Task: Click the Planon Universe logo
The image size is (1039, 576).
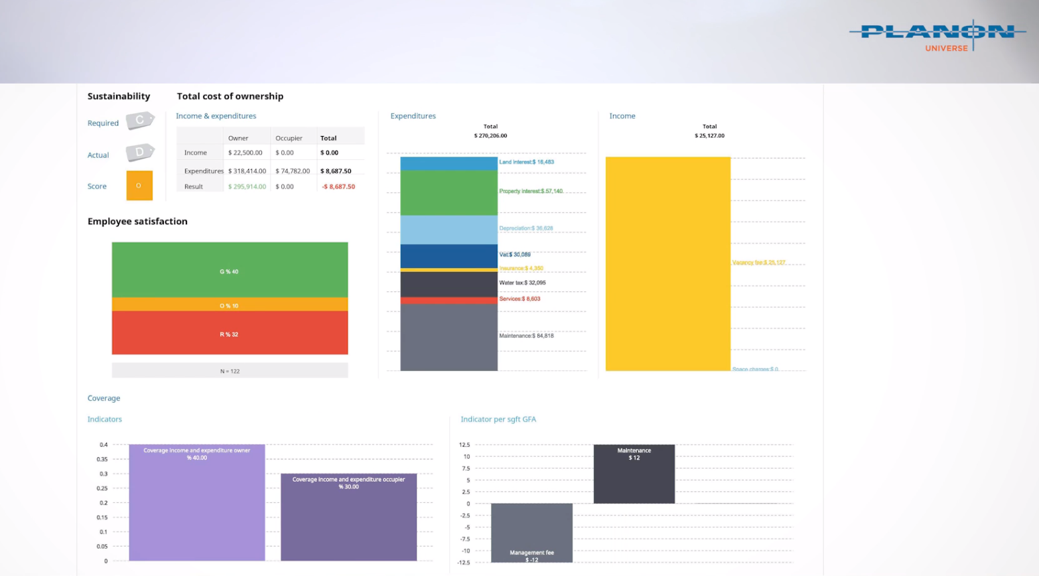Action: point(937,36)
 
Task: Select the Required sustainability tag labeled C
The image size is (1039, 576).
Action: point(140,121)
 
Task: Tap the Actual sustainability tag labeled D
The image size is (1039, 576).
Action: point(140,153)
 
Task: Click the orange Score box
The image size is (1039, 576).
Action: point(139,186)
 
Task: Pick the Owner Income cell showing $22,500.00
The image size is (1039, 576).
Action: point(245,153)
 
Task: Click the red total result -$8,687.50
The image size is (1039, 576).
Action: point(338,186)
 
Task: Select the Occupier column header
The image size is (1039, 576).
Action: point(289,138)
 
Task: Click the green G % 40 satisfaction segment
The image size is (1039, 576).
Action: point(230,270)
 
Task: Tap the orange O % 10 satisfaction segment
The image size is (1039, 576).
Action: point(230,305)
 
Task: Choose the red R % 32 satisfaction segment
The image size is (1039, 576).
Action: point(230,333)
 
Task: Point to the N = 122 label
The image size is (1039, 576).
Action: point(230,371)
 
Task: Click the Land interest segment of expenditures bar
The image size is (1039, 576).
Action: point(449,163)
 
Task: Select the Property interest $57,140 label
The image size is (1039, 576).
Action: point(531,191)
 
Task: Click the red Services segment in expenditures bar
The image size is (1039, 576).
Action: point(449,301)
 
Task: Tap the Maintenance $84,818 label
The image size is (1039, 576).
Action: point(526,336)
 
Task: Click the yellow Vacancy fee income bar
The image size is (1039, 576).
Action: point(667,264)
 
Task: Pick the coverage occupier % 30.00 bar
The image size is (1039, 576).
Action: point(348,517)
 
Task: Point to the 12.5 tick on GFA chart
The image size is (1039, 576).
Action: point(464,445)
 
